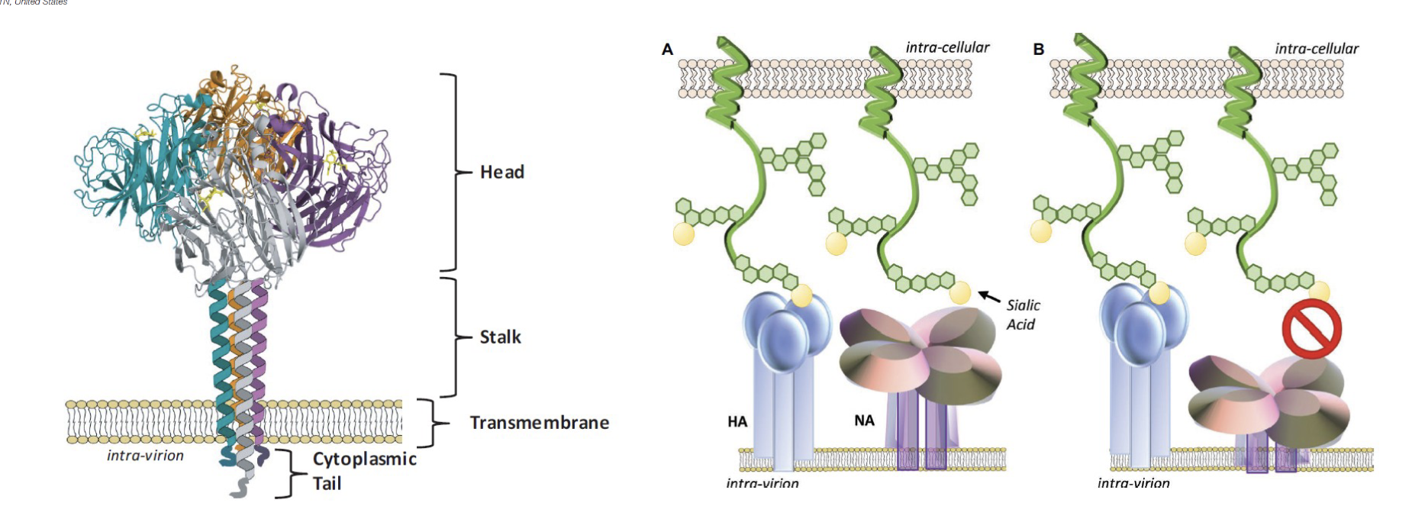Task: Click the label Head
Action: pyautogui.click(x=501, y=172)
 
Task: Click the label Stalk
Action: pyautogui.click(x=500, y=337)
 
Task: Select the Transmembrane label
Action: pyautogui.click(x=539, y=423)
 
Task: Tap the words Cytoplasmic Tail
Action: pyautogui.click(x=363, y=471)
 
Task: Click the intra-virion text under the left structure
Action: pyautogui.click(x=145, y=456)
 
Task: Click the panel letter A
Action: pyautogui.click(x=667, y=50)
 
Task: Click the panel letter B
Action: pyautogui.click(x=1038, y=50)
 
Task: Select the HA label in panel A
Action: pyautogui.click(x=737, y=421)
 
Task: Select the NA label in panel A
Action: pyautogui.click(x=864, y=421)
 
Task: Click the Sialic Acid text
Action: pyautogui.click(x=1022, y=314)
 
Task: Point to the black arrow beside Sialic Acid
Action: pyautogui.click(x=989, y=296)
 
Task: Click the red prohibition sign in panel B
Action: pyautogui.click(x=1311, y=329)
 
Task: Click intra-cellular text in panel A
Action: pyautogui.click(x=947, y=47)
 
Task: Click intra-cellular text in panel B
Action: pyautogui.click(x=1317, y=49)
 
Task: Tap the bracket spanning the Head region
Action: pyautogui.click(x=455, y=172)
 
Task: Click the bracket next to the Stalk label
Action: pyautogui.click(x=455, y=337)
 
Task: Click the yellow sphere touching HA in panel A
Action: pyautogui.click(x=801, y=295)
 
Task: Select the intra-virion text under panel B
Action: pyautogui.click(x=1133, y=483)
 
